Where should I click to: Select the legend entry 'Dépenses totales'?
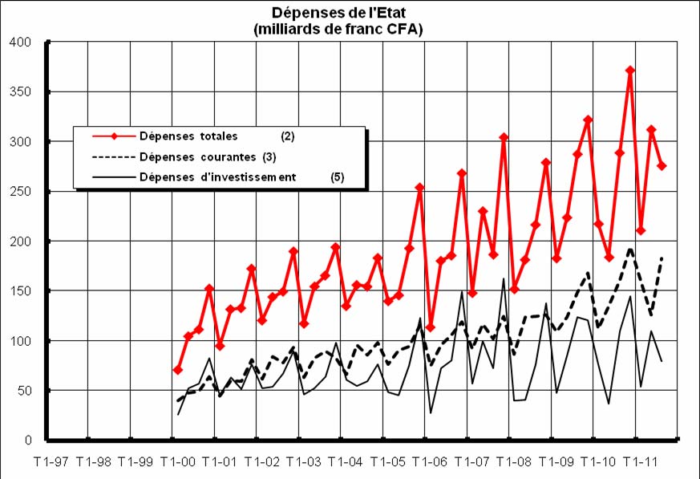tap(194, 136)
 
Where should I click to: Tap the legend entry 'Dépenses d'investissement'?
tap(218, 177)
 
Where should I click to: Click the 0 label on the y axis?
tap(26, 440)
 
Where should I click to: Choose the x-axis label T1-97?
tap(51, 462)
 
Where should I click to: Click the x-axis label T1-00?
tap(177, 462)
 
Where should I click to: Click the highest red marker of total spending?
tap(630, 71)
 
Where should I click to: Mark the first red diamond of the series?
tap(177, 370)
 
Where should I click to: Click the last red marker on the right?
tap(662, 165)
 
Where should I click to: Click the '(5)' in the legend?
tap(337, 177)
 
